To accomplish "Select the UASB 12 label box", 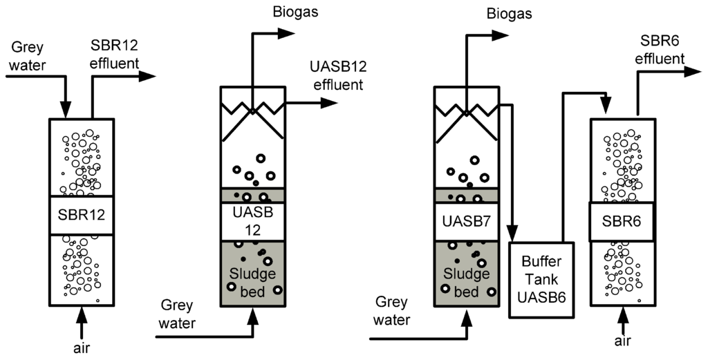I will click(252, 221).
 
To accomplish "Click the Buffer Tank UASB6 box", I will click(541, 279).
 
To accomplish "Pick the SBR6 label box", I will click(622, 222).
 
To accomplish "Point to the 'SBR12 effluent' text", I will click(115, 55).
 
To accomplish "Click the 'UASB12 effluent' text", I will click(335, 75).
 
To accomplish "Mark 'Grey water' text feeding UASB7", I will click(391, 311).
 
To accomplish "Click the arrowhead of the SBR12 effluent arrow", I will click(149, 76).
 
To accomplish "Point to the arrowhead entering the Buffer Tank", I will click(513, 234).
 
